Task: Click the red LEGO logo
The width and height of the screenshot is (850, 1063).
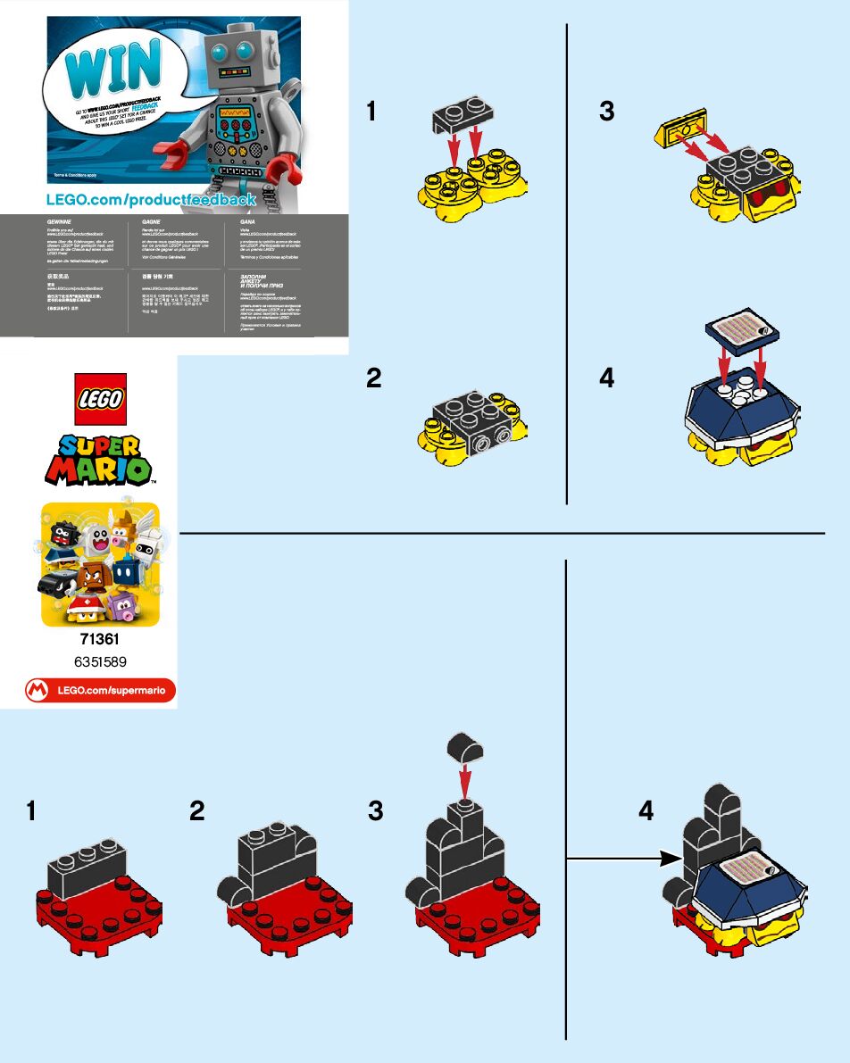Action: point(100,399)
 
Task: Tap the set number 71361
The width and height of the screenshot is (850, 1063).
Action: point(100,640)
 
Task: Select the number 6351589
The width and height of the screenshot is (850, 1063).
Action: point(100,661)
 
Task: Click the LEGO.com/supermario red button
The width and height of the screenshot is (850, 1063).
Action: point(100,690)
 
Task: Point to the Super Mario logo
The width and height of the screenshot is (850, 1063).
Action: point(100,461)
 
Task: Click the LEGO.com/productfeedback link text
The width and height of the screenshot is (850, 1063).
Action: point(151,199)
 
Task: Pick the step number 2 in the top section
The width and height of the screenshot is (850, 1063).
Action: point(374,378)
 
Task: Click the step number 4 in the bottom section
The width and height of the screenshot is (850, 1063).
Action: point(646,810)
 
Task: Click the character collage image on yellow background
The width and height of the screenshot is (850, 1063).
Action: point(100,564)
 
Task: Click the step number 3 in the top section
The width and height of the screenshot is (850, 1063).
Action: point(607,112)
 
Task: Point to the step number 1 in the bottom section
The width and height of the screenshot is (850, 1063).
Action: point(32,810)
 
